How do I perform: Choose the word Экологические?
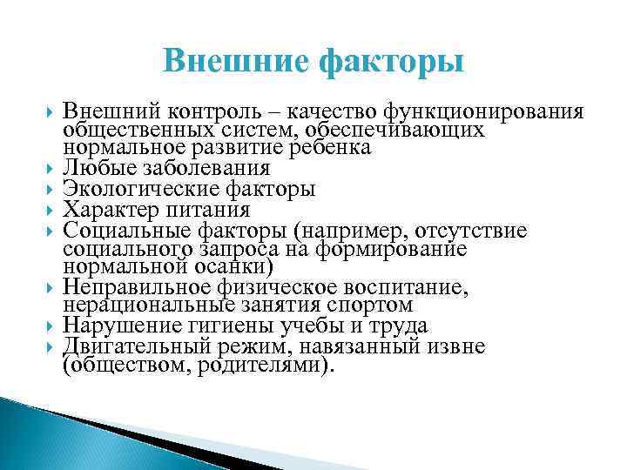coord(137,189)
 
